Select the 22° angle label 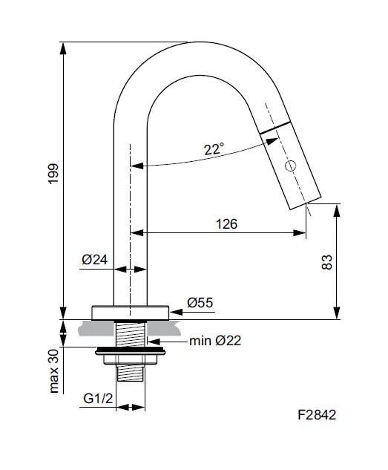tap(214, 148)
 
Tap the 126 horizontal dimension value tap(226, 223)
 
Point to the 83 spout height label tap(326, 261)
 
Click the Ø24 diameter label tap(95, 260)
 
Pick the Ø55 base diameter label tap(200, 302)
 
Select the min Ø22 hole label tap(214, 341)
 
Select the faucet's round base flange tap(131, 312)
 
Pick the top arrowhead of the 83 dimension tap(337, 207)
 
